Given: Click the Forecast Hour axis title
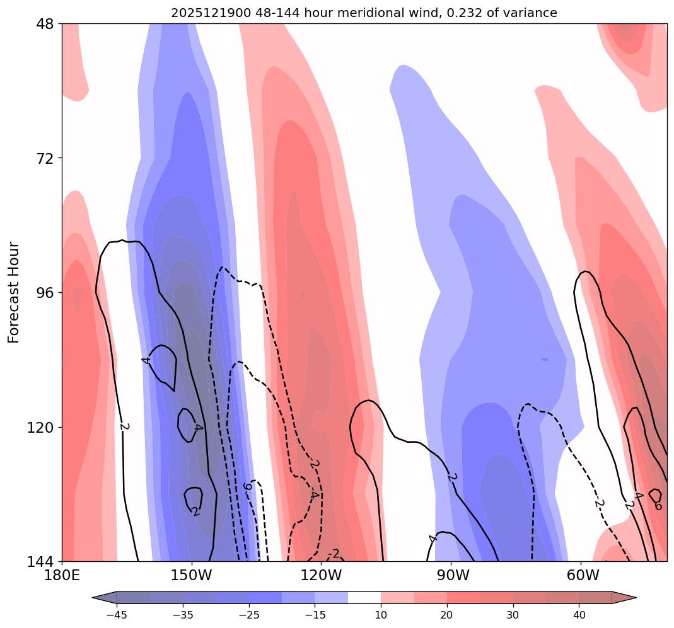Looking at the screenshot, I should (x=14, y=292).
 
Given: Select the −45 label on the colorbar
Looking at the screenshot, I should (x=117, y=615).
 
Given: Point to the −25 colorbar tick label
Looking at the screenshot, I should (x=248, y=615).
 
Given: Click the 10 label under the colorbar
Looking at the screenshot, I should (x=381, y=615).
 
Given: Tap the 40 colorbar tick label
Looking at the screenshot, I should (x=579, y=615).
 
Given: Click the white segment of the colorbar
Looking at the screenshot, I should (x=364, y=598).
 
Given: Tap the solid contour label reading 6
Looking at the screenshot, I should (x=658, y=505).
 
